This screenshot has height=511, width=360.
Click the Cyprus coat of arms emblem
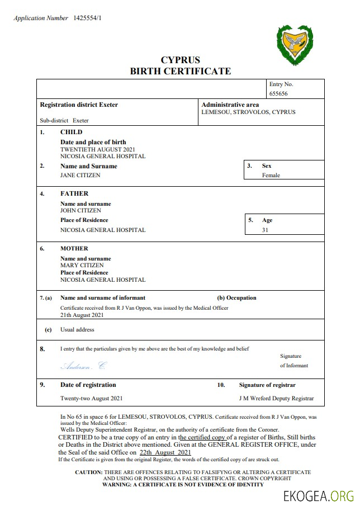pyautogui.click(x=295, y=45)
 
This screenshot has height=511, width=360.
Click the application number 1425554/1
pyautogui.click(x=87, y=18)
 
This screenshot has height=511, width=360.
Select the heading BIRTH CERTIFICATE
pyautogui.click(x=180, y=71)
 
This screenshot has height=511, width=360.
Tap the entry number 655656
pyautogui.click(x=278, y=94)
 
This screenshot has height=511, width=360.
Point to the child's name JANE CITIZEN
pyautogui.click(x=80, y=175)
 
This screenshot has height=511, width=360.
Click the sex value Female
pyautogui.click(x=271, y=175)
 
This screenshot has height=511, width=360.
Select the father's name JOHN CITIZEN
pyautogui.click(x=80, y=211)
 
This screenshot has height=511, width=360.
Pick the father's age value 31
pyautogui.click(x=265, y=230)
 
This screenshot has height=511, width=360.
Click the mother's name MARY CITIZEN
pyautogui.click(x=82, y=265)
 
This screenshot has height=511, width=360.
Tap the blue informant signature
pyautogui.click(x=83, y=366)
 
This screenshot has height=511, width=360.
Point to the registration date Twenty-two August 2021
pyautogui.click(x=91, y=399)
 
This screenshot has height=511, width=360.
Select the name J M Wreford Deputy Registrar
pyautogui.click(x=276, y=399)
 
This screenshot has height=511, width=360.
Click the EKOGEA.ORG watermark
pyautogui.click(x=319, y=496)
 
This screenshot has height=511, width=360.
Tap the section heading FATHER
pyautogui.click(x=74, y=193)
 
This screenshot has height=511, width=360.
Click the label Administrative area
pyautogui.click(x=230, y=105)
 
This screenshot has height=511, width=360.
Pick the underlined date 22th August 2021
pyautogui.click(x=165, y=452)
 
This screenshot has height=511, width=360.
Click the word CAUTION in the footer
pyautogui.click(x=88, y=472)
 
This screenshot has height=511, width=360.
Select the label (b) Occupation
pyautogui.click(x=236, y=298)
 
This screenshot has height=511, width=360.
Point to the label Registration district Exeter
pyautogui.click(x=79, y=105)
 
